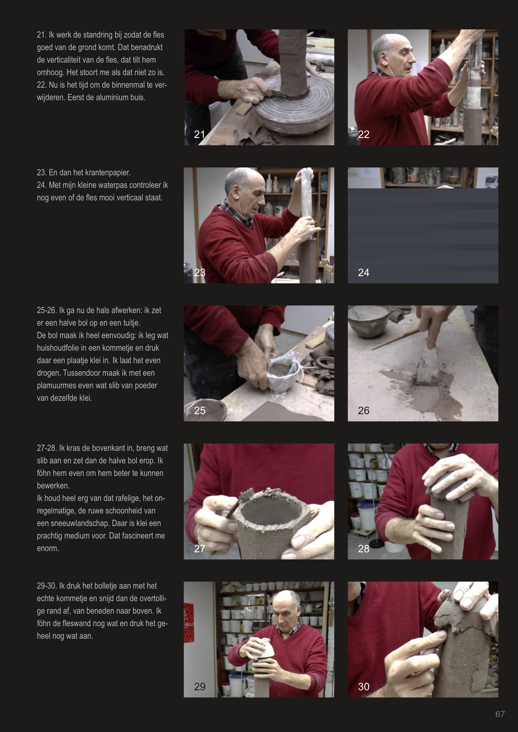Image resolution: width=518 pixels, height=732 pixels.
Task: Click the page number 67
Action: point(500,714)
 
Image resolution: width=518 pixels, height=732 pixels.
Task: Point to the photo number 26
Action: point(364,410)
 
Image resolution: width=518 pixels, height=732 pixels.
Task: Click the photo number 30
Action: point(364,686)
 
